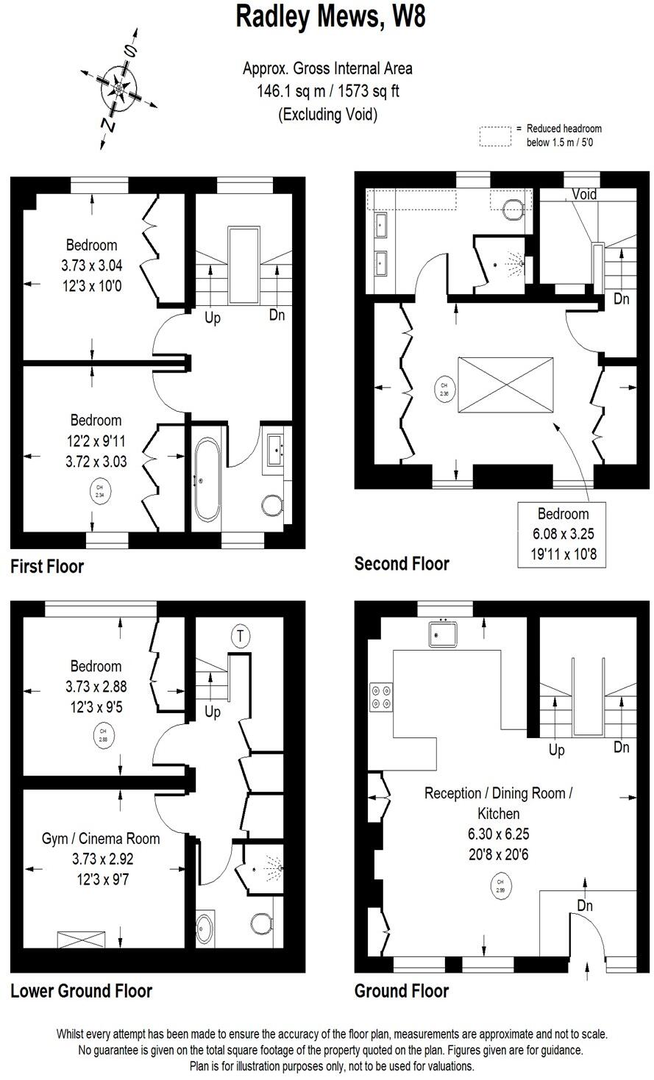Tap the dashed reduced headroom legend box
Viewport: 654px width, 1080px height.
pyautogui.click(x=495, y=136)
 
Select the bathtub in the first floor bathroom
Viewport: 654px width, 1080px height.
pyautogui.click(x=206, y=482)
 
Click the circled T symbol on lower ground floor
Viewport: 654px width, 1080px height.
pyautogui.click(x=239, y=634)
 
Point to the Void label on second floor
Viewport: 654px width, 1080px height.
pyautogui.click(x=584, y=195)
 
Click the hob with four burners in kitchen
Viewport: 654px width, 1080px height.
pyautogui.click(x=381, y=697)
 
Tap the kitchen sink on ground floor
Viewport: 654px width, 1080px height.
pyautogui.click(x=444, y=633)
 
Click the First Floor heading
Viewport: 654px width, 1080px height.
pyautogui.click(x=47, y=567)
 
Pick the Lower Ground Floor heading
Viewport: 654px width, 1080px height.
pyautogui.click(x=81, y=991)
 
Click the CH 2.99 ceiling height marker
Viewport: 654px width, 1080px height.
pyautogui.click(x=500, y=886)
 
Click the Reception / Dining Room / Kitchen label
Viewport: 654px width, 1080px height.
pyautogui.click(x=498, y=803)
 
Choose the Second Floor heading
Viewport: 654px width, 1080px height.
pyautogui.click(x=402, y=564)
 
